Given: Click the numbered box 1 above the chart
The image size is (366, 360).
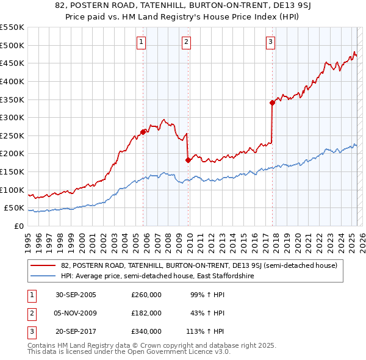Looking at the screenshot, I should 141,42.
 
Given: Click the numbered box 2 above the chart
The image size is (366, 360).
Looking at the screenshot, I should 185,42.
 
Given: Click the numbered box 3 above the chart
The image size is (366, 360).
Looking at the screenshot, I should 270,42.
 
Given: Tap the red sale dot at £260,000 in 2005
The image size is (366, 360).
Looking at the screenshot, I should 143,132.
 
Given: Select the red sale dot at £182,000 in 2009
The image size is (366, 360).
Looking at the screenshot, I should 188,160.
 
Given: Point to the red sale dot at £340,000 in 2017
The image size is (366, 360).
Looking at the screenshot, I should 272,103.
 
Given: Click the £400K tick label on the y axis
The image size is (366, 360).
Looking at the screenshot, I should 12,81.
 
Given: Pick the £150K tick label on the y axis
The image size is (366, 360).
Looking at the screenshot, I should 12,171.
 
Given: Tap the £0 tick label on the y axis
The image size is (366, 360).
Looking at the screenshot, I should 18,226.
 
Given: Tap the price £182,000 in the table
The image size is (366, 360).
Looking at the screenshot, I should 146,313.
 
